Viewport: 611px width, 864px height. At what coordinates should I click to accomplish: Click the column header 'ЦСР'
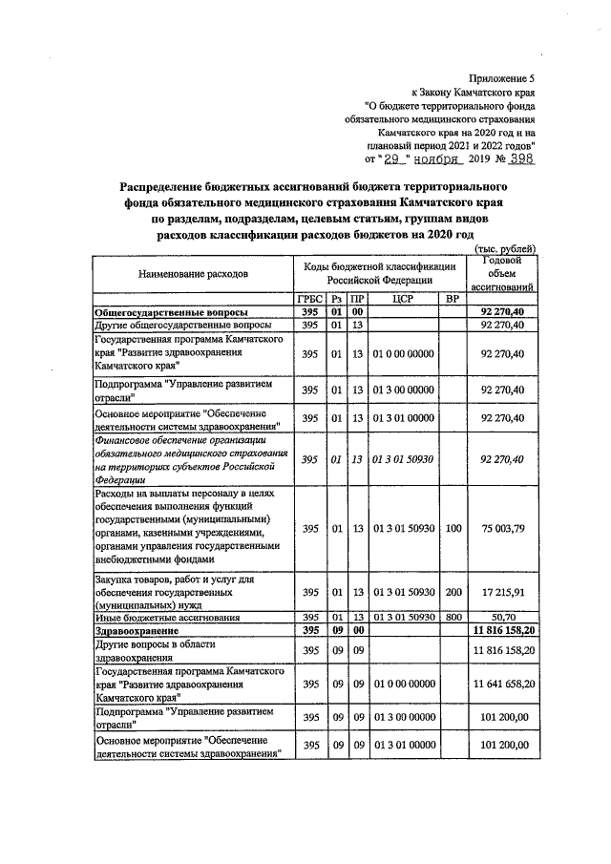[x=401, y=299]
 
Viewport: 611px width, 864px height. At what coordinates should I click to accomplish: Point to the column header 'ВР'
[x=453, y=299]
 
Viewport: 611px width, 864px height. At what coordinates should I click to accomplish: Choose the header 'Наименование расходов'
[x=193, y=273]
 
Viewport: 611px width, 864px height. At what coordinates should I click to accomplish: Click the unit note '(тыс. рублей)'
[x=505, y=249]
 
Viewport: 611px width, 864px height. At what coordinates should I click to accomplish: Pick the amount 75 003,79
[x=502, y=528]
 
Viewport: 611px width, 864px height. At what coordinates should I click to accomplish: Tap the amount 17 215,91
[x=502, y=593]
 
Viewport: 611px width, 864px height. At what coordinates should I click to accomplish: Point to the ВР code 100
[x=453, y=528]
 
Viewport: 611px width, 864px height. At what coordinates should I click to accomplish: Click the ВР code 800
[x=453, y=619]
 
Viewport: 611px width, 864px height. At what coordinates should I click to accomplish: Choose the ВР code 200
[x=453, y=593]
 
